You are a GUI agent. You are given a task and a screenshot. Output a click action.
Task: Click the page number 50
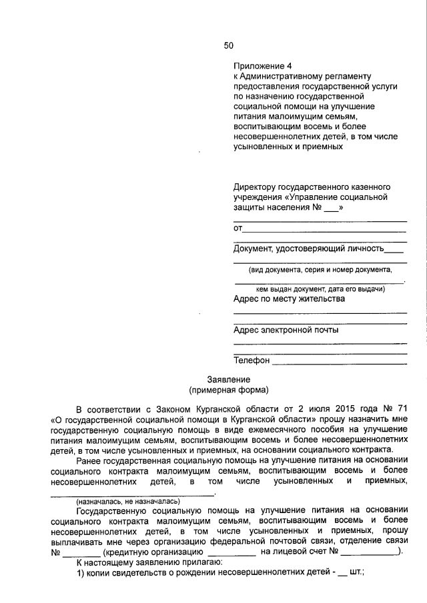pos(229,45)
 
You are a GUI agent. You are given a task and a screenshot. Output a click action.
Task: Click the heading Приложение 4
pos(263,67)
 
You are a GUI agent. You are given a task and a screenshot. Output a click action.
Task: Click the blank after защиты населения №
pos(331,208)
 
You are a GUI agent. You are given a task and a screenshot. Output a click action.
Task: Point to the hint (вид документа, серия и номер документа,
pos(320,270)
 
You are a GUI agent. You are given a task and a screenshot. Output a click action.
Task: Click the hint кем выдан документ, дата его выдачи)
pos(320,289)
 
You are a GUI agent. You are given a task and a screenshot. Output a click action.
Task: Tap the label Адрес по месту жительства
pos(289,299)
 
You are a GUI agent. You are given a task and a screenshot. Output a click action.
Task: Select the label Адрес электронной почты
pos(286,330)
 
